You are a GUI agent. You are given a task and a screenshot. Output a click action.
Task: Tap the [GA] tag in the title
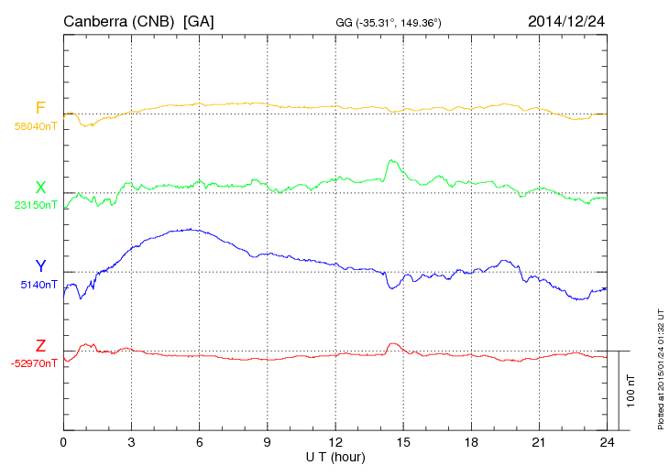[199, 20]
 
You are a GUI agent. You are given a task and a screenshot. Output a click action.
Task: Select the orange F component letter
[40, 109]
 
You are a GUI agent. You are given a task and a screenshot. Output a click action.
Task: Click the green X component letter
[40, 189]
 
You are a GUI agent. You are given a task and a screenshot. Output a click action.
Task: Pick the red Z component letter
[40, 346]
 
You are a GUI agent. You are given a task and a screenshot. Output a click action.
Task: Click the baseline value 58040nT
[35, 126]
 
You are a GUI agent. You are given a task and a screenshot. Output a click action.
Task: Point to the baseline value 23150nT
[35, 205]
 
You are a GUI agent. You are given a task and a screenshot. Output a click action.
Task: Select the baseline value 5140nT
[38, 285]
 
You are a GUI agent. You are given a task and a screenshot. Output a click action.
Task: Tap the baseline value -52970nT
[34, 363]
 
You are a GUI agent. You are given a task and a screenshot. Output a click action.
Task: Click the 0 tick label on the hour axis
[63, 442]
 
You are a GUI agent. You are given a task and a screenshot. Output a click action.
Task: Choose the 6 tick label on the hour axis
[199, 442]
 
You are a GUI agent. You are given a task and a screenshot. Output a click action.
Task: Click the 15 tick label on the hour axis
[403, 442]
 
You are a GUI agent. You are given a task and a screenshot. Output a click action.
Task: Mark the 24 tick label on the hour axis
[607, 442]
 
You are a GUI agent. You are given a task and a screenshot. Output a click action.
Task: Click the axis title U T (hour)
[335, 456]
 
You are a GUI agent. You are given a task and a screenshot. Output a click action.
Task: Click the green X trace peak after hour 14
[391, 161]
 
